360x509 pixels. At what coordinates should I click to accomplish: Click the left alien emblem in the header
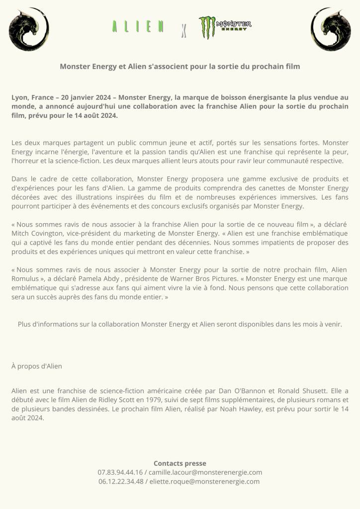click(x=29, y=29)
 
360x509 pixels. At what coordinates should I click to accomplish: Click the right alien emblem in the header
click(x=331, y=29)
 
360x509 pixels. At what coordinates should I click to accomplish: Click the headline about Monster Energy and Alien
click(x=180, y=66)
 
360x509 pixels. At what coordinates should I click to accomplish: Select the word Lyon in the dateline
click(x=20, y=97)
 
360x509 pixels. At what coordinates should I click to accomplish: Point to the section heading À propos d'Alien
click(x=37, y=366)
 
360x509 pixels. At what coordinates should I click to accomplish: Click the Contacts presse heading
click(x=180, y=463)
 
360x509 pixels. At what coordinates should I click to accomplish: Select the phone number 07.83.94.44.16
click(x=120, y=472)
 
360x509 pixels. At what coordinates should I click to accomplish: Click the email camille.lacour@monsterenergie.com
click(x=205, y=472)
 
